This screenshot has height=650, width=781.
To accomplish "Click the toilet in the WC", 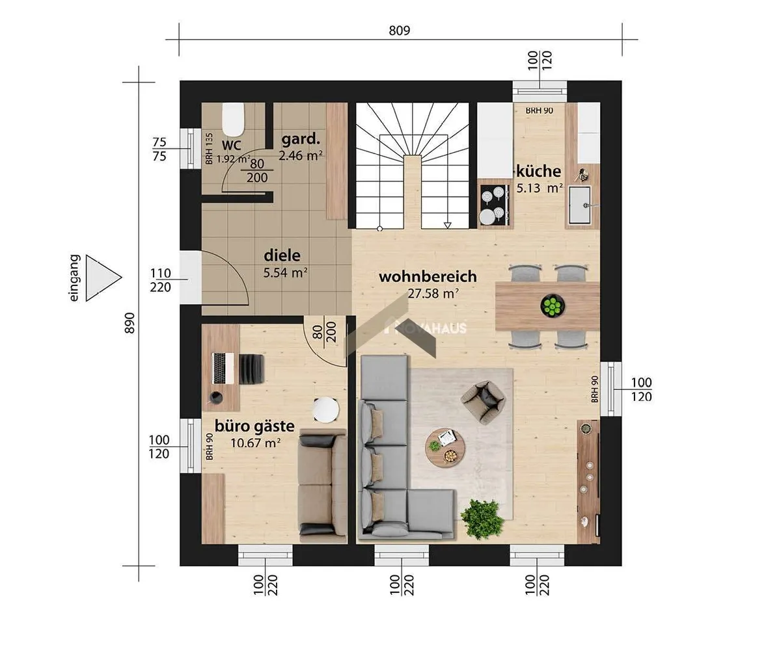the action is pos(232,120).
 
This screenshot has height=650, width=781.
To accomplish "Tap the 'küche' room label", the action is pos(539,172).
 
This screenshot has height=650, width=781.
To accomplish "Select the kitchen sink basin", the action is pos(579,205).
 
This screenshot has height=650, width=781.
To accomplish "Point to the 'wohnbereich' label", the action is pos(428,277).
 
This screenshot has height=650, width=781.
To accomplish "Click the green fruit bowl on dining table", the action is pos(553,306).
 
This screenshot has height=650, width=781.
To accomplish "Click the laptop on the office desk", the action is pos(223,369).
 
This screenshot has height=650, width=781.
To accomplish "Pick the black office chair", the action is pos(251,369).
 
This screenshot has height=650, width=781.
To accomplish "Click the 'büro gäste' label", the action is pos(254,426).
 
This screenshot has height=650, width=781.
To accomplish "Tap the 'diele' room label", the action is pos(282,256).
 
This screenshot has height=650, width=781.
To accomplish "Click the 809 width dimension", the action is pos(400,31).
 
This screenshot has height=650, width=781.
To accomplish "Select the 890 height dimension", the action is pos(130,323).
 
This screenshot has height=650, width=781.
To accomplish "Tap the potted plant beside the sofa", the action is pos(482,519).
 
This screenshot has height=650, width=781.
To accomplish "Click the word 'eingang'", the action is pos(74,278).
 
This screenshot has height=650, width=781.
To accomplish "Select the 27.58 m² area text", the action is pos(433,294).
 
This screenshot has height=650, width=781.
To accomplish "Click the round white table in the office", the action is pos(326,409).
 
